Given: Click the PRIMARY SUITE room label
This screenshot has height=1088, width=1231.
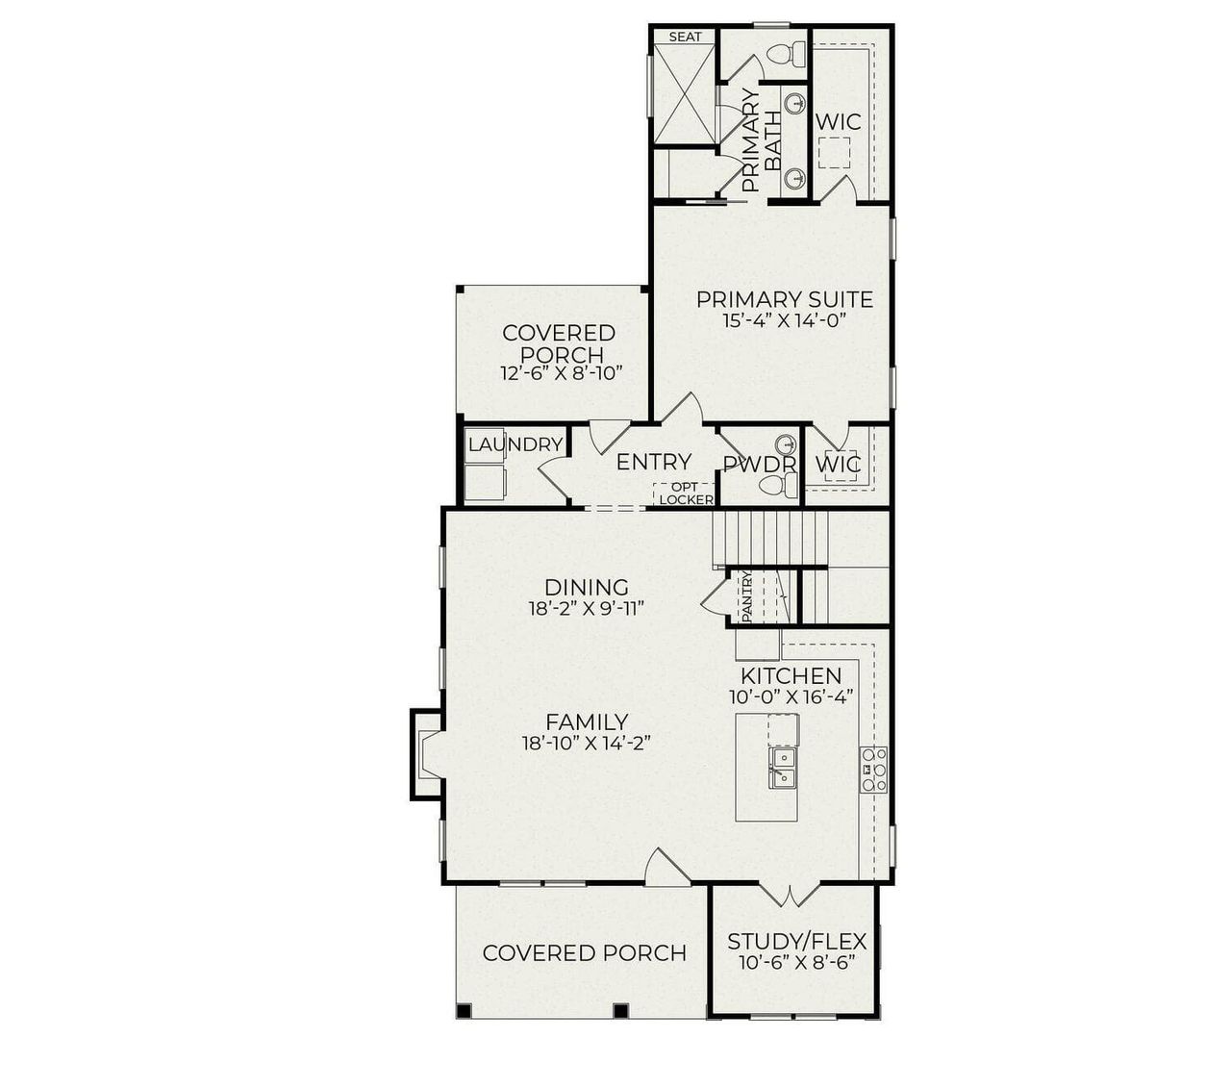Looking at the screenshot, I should point(784,299).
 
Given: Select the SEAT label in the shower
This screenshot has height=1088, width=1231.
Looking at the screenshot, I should point(685,37).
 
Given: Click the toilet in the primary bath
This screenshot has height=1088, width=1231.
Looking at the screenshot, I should point(791,54).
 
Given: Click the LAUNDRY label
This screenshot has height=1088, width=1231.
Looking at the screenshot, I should point(515,444).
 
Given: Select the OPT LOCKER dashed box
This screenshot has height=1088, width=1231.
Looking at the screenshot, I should point(686,493).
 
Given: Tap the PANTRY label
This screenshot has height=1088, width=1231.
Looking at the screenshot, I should point(746,597).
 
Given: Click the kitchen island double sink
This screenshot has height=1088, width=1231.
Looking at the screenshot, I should point(783,767).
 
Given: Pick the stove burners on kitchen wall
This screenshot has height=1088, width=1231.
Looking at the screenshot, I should point(873,770).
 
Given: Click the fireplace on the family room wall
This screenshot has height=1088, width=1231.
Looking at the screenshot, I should point(426,754).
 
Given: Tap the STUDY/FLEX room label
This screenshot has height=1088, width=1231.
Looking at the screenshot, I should point(796,941).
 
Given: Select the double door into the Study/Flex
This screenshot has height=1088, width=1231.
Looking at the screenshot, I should point(789,896).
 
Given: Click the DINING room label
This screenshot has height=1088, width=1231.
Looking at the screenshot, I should point(586,587).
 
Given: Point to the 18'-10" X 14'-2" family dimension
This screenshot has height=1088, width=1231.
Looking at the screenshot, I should point(587,743).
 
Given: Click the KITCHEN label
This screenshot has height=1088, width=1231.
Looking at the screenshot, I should point(791,675).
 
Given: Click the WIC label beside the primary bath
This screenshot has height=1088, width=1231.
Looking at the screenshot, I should point(838,122).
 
